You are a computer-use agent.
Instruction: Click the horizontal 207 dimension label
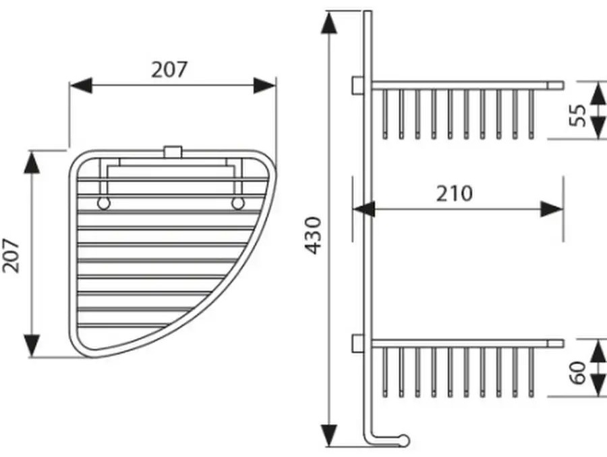tap(169, 70)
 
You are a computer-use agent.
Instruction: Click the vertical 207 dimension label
tap(11, 256)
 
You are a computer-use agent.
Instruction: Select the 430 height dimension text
tap(313, 236)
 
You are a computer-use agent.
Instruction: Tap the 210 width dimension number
tap(455, 194)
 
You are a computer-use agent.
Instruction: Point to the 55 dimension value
tap(577, 115)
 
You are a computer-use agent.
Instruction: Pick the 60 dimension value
tap(577, 373)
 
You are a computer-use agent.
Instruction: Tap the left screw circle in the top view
tap(103, 203)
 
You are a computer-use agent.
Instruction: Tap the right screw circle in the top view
tap(238, 203)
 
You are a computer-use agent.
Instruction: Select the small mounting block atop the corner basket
tap(173, 152)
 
